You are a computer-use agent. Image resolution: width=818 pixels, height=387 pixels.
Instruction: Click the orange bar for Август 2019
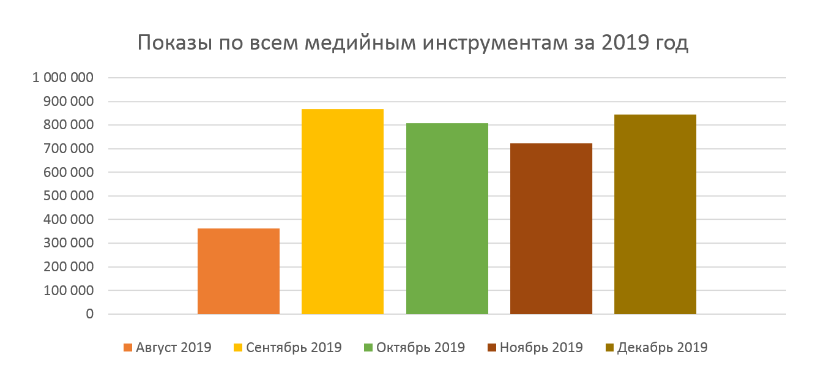point(239,271)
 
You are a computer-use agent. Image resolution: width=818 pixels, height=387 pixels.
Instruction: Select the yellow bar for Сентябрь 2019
point(343,211)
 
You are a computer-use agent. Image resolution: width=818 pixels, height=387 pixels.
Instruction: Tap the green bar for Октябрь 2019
point(447,219)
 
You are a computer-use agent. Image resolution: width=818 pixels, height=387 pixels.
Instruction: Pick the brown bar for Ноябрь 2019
point(551,228)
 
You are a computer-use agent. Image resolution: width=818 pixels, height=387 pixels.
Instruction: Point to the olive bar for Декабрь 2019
point(655,214)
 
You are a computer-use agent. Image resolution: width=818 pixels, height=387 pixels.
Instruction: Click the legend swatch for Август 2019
point(128,348)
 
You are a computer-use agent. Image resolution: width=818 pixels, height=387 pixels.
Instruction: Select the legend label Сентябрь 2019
point(294,348)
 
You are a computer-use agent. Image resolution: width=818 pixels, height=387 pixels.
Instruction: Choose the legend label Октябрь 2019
point(420,348)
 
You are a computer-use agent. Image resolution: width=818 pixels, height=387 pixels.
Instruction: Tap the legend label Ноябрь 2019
point(541,348)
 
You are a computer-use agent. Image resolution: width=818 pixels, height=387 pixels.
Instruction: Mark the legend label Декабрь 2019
point(662,348)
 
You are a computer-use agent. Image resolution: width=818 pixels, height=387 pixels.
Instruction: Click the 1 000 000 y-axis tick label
point(64,78)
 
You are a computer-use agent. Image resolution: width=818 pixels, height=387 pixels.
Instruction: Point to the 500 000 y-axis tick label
point(69,196)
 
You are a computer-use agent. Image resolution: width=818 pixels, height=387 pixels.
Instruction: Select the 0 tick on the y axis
point(90,314)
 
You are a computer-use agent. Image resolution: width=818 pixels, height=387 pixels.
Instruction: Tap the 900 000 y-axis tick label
point(69,102)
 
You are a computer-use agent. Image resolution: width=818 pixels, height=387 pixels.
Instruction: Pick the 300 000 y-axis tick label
point(69,243)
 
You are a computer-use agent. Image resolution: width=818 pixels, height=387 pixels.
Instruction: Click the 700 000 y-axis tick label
point(69,149)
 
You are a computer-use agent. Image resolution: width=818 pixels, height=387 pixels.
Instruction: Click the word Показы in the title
point(174,44)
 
